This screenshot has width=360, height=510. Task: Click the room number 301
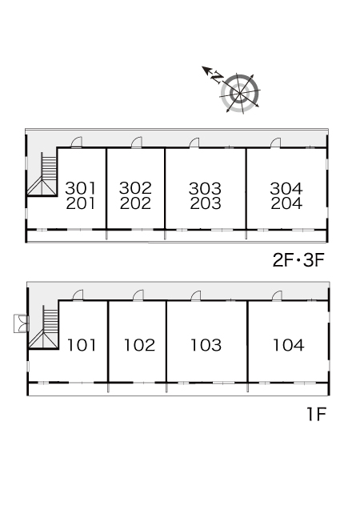81,188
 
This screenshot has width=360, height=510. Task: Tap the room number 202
135,203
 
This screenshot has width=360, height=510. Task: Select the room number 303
205,188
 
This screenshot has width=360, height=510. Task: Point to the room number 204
286,203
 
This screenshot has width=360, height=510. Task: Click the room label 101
82,345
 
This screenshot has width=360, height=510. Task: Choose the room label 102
140,345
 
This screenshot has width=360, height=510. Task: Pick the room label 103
206,345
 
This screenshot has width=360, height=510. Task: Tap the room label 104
289,345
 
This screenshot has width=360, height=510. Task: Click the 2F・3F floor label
298,260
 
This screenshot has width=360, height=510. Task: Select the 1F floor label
317,414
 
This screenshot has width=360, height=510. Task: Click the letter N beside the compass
217,77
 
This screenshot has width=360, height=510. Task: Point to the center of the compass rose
240,94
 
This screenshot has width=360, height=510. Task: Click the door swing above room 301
77,143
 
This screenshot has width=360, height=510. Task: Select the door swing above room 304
275,143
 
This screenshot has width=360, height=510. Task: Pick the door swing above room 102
138,295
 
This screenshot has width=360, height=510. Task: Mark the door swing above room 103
195,295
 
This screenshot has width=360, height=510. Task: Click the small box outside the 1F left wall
21,323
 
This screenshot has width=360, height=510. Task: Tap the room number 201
81,203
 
